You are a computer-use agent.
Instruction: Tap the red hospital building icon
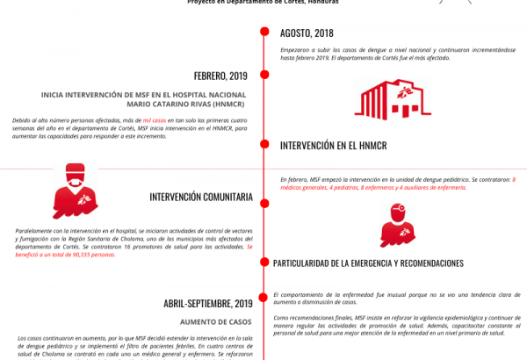point(392,99)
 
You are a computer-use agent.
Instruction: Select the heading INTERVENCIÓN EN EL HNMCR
point(333,145)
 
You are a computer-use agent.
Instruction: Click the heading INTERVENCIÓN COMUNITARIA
point(201,197)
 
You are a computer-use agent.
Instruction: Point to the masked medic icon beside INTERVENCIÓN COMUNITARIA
point(76,190)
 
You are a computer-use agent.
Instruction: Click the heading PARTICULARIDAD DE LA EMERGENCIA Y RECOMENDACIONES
point(368,263)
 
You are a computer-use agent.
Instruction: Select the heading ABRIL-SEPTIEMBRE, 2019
point(208,304)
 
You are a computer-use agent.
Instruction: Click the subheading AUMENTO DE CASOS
point(216,322)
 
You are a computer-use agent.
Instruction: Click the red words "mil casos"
point(155,119)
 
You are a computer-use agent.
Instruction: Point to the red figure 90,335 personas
point(90,255)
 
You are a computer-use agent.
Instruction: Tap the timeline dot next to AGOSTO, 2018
point(263,33)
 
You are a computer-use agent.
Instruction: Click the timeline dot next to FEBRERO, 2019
point(263,76)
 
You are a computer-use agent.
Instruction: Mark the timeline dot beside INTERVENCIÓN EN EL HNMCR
point(263,145)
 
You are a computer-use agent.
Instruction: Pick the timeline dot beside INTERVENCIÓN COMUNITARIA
point(263,197)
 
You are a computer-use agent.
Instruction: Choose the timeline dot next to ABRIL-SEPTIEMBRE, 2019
point(263,304)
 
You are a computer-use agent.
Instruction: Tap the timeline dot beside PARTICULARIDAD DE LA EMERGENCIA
point(263,263)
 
